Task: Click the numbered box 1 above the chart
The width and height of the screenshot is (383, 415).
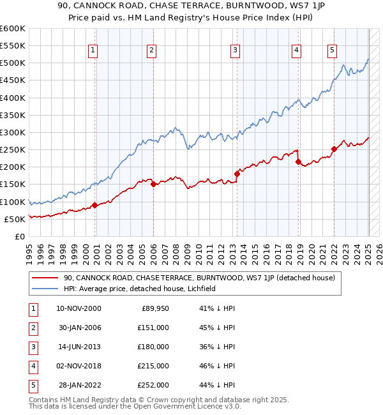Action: click(93, 50)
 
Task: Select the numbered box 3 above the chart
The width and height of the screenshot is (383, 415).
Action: click(235, 50)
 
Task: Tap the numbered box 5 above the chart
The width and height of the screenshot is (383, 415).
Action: click(333, 50)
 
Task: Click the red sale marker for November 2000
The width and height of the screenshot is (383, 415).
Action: click(94, 205)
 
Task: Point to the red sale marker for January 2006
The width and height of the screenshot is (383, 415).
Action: click(153, 184)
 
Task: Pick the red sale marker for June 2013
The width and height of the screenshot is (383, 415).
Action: click(236, 174)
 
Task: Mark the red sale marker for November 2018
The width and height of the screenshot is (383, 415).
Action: click(298, 162)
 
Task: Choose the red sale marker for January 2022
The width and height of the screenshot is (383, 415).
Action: click(334, 149)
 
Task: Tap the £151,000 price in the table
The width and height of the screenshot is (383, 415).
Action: click(154, 327)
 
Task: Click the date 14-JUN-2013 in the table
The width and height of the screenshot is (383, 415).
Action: click(79, 346)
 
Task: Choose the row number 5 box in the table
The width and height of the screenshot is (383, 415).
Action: click(32, 385)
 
